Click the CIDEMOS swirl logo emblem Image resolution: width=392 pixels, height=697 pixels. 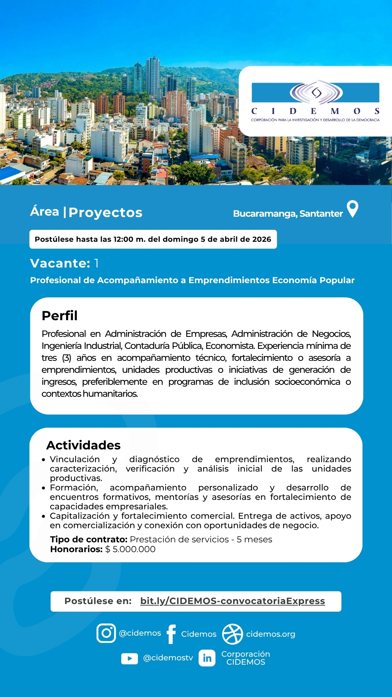[316, 93]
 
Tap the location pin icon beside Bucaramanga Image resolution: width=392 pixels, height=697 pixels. [352, 209]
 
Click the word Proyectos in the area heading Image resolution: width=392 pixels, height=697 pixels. [106, 213]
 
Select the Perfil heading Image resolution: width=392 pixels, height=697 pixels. [60, 316]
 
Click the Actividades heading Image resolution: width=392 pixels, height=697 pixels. [83, 445]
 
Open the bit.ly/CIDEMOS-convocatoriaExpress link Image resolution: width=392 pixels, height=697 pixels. [233, 601]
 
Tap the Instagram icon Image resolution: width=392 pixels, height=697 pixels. [106, 633]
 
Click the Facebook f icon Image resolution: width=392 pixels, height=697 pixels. [171, 634]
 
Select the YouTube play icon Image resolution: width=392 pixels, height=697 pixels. [130, 658]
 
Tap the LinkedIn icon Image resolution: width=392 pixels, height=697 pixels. [207, 658]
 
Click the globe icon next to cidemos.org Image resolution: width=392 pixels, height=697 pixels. [232, 634]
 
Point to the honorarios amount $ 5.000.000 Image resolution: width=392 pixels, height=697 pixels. [130, 549]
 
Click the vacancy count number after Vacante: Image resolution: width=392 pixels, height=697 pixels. [96, 263]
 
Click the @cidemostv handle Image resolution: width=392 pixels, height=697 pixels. [168, 658]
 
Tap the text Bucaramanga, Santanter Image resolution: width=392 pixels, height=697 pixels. [288, 214]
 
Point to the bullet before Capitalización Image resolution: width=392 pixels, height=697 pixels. [44, 516]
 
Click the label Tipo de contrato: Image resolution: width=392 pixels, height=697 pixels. [89, 539]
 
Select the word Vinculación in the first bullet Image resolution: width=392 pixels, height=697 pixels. [75, 459]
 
